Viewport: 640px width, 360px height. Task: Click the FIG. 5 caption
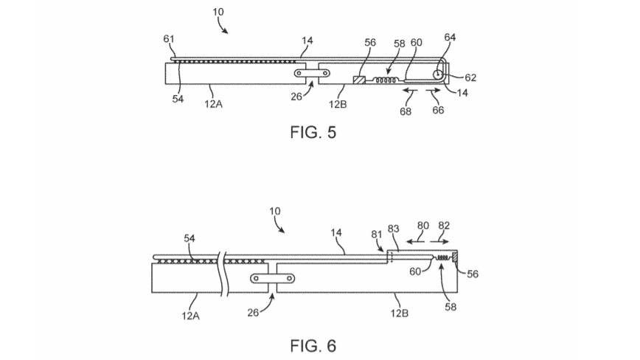[x=310, y=135]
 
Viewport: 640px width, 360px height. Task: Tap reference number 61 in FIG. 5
[x=169, y=38]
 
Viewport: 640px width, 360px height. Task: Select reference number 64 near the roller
[x=451, y=38]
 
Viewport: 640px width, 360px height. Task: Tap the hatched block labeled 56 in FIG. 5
[x=360, y=80]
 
